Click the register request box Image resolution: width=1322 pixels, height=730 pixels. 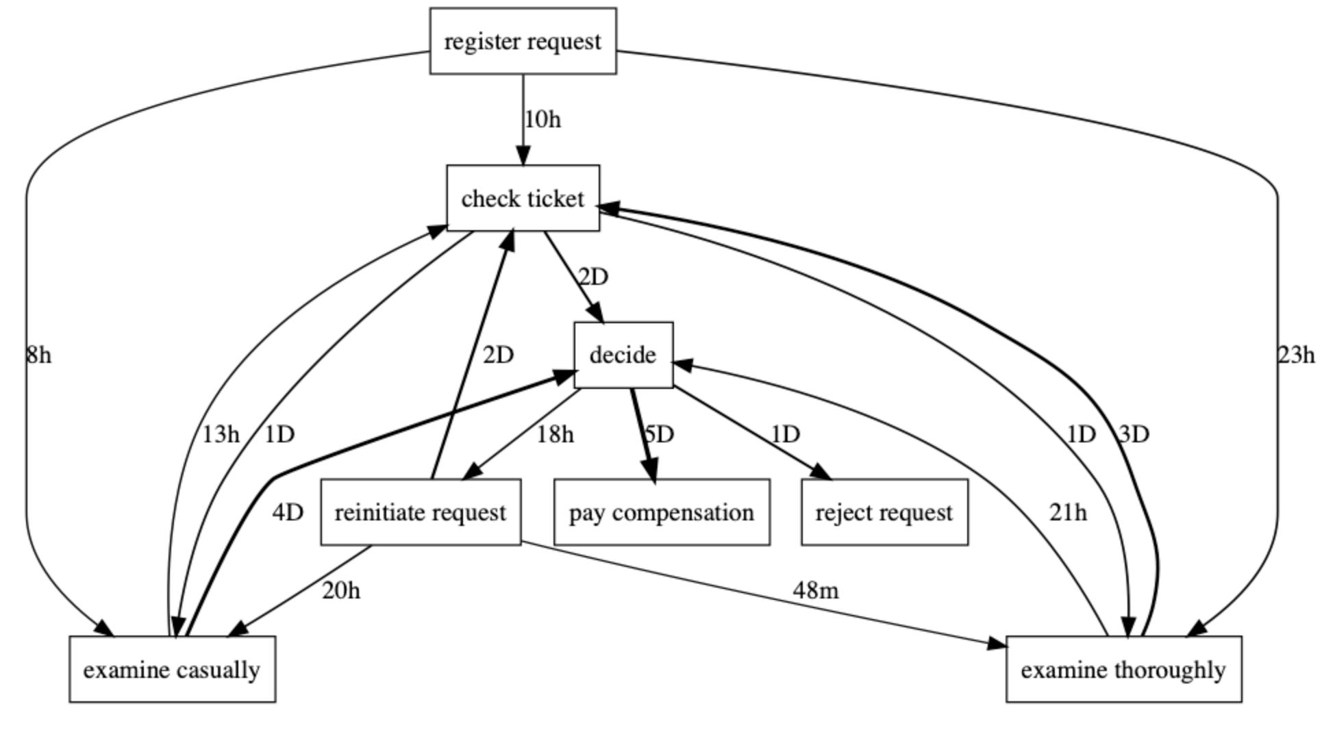[523, 41]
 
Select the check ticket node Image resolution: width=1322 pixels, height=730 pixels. [523, 199]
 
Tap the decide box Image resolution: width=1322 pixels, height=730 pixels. [623, 355]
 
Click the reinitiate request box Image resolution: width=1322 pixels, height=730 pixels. [420, 512]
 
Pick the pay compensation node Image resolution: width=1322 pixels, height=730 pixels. [661, 512]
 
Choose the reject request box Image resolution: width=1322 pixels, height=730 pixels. [884, 512]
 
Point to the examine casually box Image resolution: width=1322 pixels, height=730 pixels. [172, 669]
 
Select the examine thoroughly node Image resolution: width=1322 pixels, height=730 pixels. [1123, 669]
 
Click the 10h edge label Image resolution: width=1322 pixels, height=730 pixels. [542, 120]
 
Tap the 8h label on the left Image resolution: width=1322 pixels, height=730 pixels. [38, 355]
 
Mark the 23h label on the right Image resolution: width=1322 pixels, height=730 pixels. [1296, 355]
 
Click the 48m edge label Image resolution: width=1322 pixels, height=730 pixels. [815, 590]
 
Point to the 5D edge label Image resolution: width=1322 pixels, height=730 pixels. [660, 434]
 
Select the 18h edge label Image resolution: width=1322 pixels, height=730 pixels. [555, 434]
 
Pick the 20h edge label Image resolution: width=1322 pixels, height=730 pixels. [341, 590]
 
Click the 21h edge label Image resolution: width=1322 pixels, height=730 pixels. [1067, 512]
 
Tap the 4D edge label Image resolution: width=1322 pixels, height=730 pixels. [288, 512]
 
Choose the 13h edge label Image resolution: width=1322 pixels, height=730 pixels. [221, 434]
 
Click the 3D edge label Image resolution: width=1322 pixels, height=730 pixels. [1134, 434]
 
